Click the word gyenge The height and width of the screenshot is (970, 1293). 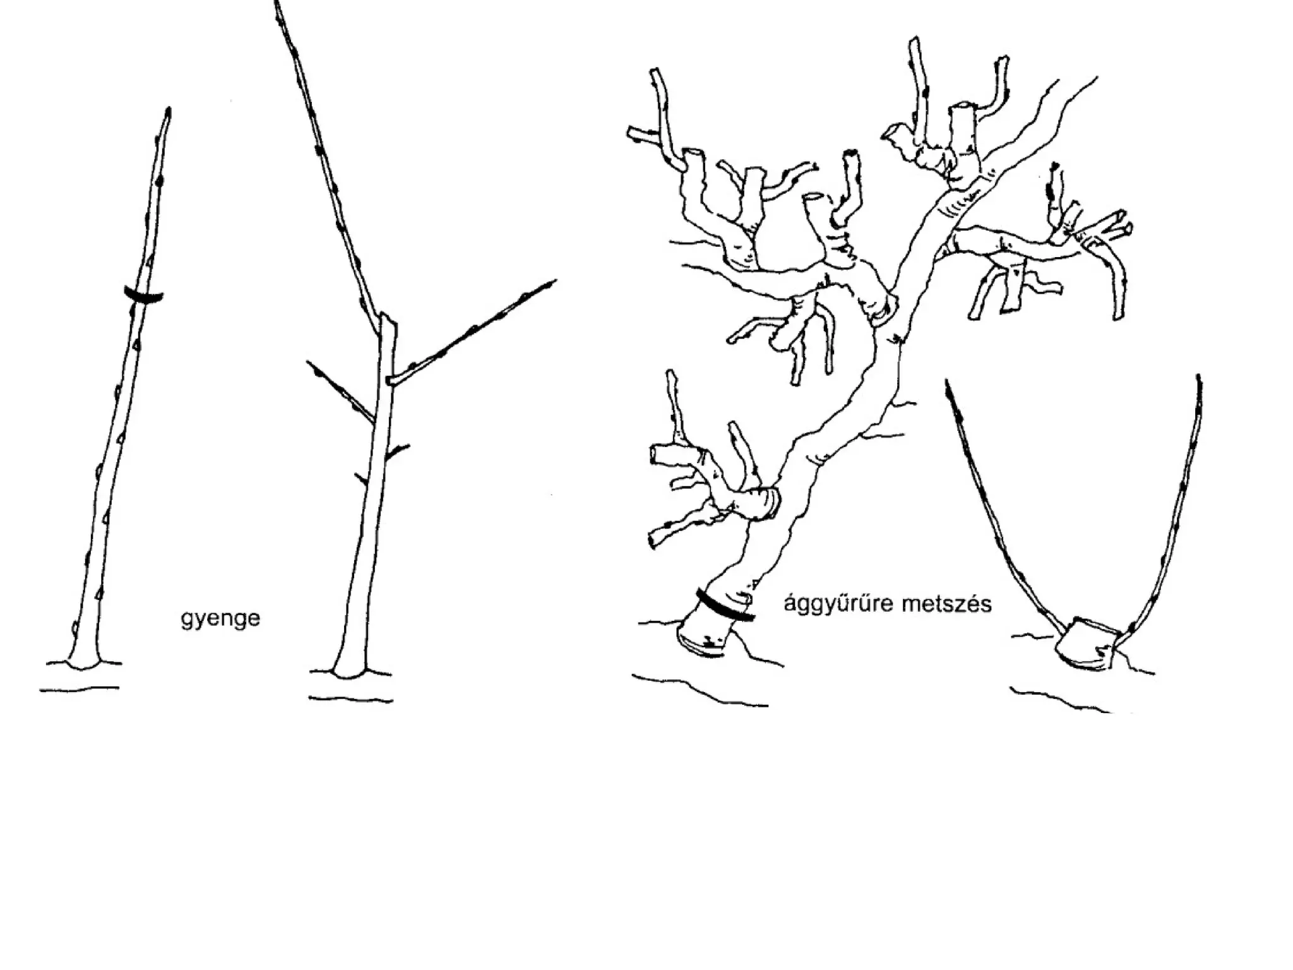tap(220, 618)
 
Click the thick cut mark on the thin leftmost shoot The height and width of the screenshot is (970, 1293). tap(143, 295)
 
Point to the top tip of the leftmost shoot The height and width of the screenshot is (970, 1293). tap(169, 111)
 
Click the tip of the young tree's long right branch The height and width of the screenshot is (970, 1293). tap(554, 281)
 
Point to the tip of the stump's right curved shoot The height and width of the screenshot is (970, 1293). tap(1198, 378)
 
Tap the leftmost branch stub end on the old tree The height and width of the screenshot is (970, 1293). tap(631, 132)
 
